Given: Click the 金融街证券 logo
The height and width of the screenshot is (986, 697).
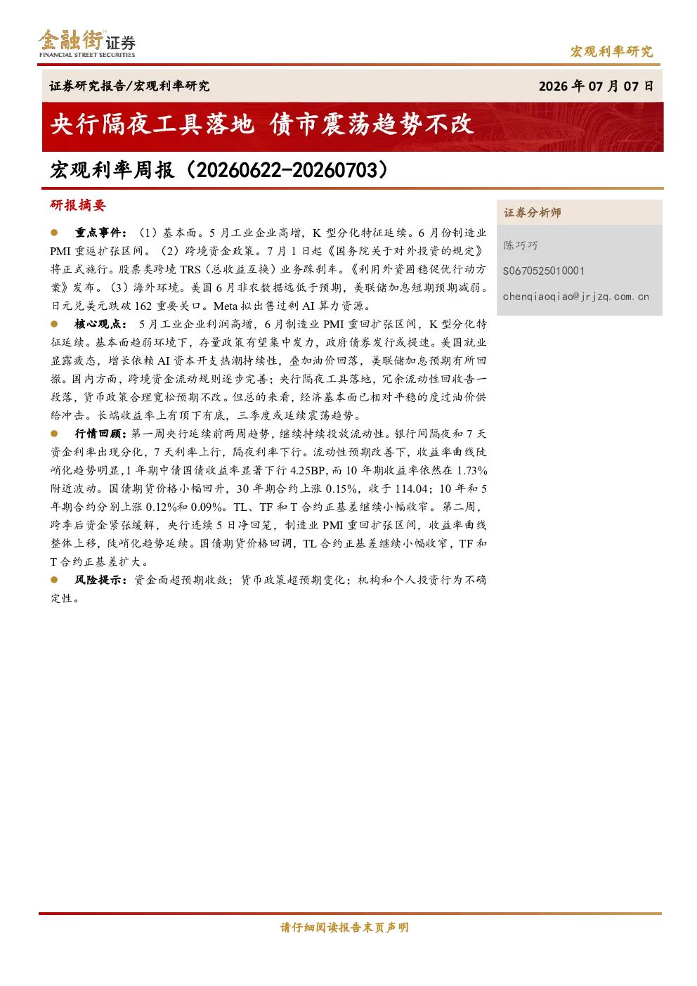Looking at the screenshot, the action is (86, 43).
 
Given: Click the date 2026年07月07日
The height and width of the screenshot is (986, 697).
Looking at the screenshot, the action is (596, 86).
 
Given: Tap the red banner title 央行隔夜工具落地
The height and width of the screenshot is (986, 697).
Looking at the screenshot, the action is (152, 124).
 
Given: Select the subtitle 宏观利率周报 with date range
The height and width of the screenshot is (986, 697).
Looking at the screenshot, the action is (219, 170).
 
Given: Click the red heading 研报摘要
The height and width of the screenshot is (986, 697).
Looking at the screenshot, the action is (78, 205).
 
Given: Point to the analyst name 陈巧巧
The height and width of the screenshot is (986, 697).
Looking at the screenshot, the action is (521, 245).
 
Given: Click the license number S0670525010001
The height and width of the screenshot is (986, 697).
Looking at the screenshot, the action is (544, 271).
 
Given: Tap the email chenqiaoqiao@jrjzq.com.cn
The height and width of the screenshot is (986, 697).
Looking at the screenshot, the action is (576, 297).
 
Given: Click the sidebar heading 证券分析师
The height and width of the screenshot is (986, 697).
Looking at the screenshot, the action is (533, 213).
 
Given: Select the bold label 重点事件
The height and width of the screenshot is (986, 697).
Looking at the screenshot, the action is (100, 233).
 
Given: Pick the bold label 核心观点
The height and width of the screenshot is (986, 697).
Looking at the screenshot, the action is (100, 324).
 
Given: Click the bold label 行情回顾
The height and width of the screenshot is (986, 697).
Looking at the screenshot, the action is (100, 434).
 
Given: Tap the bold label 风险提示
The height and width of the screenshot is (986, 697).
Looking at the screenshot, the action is (100, 580).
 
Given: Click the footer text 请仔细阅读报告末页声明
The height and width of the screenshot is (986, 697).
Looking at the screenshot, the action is (344, 928).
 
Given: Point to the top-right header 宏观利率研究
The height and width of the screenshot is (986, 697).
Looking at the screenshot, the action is (612, 51).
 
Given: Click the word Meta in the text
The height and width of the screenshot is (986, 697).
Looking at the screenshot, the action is (226, 306).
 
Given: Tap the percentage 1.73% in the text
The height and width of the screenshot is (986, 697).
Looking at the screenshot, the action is (471, 471).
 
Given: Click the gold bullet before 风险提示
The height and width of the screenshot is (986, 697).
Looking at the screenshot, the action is (54, 580).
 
